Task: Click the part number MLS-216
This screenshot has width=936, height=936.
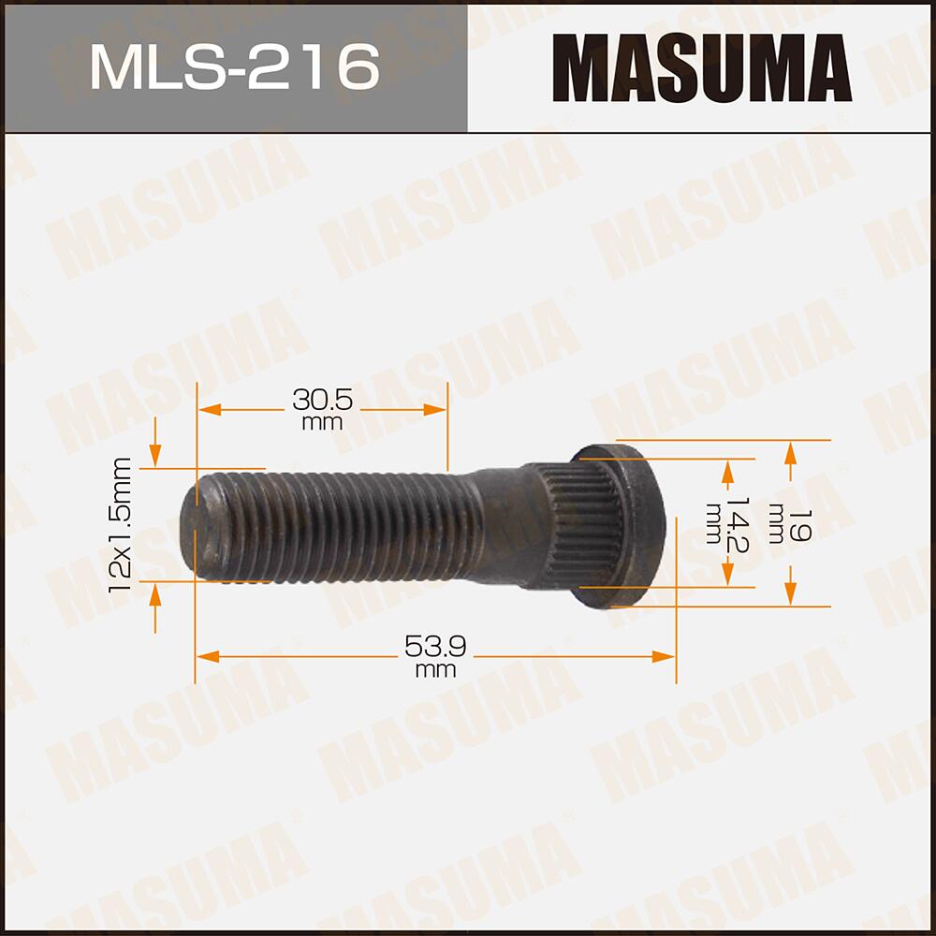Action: [x=234, y=66]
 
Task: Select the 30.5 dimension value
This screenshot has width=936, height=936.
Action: [x=322, y=401]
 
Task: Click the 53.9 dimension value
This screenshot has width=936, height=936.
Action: [x=435, y=646]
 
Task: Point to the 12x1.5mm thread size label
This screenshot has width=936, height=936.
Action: [x=120, y=524]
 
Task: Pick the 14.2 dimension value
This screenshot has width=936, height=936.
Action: [x=739, y=524]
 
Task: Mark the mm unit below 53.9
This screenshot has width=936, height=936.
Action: [x=435, y=670]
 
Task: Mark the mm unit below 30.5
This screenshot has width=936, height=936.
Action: [x=322, y=423]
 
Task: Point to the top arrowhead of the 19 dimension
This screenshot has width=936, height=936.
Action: [x=791, y=450]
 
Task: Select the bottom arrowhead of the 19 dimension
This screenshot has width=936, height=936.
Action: [x=791, y=594]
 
